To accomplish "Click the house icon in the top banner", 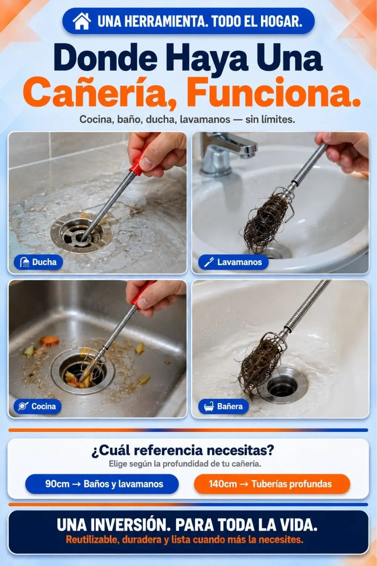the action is (x=82, y=21).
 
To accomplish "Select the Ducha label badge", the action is (x=38, y=262).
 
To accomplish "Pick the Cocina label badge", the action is (x=38, y=406).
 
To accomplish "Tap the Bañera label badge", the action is (x=223, y=406).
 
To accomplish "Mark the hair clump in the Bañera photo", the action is (x=260, y=364).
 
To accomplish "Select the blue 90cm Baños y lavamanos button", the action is (x=102, y=484).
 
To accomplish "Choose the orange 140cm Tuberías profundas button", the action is (x=272, y=484).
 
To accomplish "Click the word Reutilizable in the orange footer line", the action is (x=92, y=540).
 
